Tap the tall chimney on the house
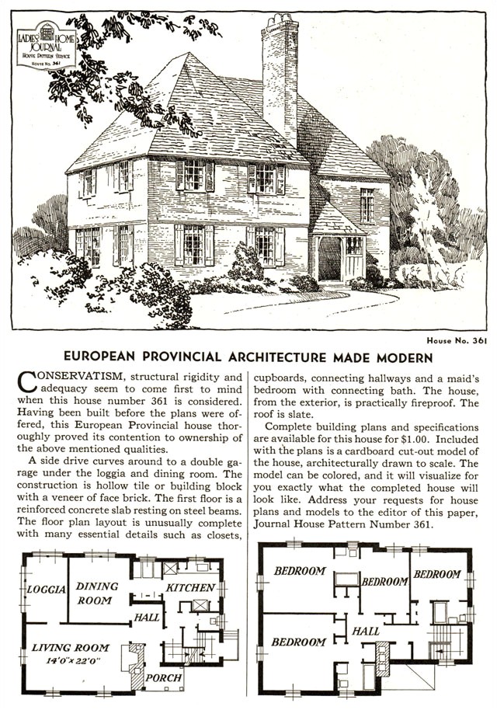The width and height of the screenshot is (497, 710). point(280,78)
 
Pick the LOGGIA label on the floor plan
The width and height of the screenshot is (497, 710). point(46,589)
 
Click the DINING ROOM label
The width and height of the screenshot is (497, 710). point(97,593)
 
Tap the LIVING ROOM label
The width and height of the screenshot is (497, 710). point(70,647)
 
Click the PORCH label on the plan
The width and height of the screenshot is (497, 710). point(165,677)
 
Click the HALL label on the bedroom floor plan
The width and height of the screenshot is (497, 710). point(366,632)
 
